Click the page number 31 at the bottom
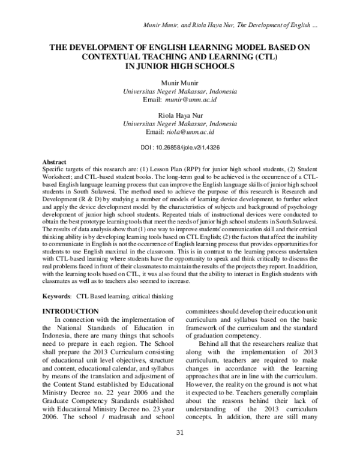(x=179, y=450)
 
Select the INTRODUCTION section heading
(x=68, y=311)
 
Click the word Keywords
(x=56, y=296)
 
